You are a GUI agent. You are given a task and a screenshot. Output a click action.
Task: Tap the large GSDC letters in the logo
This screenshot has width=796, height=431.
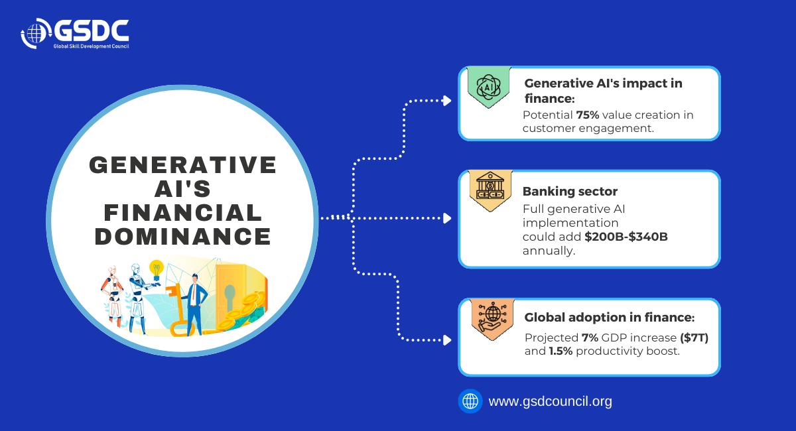coord(92,31)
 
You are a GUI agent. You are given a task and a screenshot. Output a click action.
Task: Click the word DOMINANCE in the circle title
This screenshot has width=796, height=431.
coord(183,237)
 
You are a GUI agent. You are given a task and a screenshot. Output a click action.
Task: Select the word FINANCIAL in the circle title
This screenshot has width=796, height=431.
coord(183,212)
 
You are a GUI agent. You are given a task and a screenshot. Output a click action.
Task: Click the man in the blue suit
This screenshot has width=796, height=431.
coord(195,304)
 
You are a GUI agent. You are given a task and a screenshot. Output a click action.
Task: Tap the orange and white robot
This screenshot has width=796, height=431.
coord(113,296)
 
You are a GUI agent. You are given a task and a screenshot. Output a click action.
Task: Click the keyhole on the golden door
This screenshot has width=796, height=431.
coord(230,296)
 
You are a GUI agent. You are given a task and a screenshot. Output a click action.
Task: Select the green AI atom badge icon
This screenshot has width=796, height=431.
coord(489,87)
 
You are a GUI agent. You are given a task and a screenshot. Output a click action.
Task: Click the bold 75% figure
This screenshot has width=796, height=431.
coord(588,115)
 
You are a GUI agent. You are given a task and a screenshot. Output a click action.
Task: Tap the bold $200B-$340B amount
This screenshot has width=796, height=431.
coord(626,237)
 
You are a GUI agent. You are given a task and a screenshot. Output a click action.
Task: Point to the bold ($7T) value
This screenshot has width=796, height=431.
coord(694,338)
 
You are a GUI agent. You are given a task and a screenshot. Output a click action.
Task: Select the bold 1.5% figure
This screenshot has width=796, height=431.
coord(561,351)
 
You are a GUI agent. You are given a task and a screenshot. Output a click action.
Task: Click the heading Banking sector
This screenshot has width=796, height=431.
coord(570,191)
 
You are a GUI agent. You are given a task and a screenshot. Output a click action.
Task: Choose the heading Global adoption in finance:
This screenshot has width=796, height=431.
coord(610,318)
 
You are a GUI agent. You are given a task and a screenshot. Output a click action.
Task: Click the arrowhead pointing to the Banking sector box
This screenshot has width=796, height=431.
coord(447,218)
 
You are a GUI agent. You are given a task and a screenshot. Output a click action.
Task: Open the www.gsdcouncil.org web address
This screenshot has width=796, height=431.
coord(550,401)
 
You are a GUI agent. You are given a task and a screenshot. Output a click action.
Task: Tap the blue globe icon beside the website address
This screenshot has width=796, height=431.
coord(470,401)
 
